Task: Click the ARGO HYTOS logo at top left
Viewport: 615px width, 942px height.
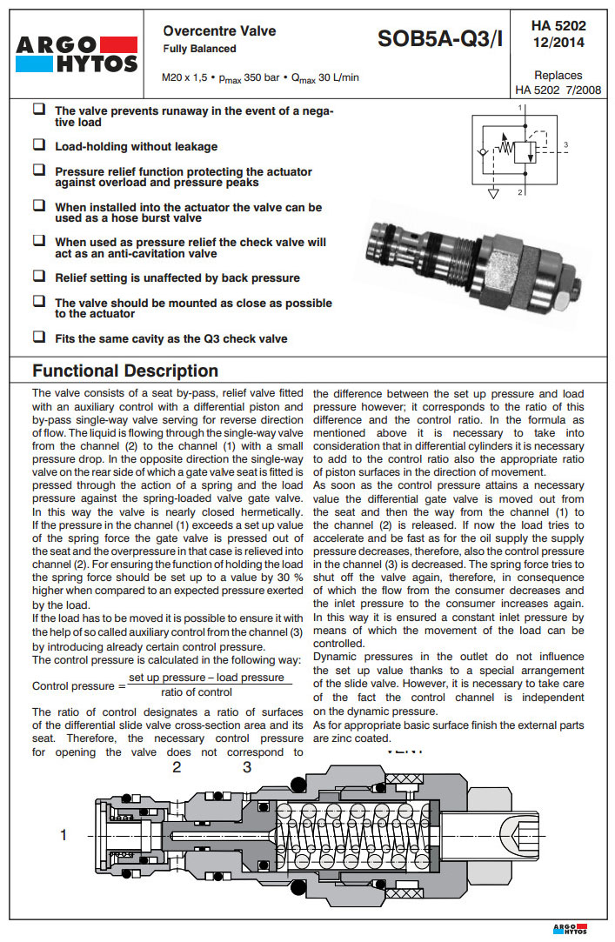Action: (x=77, y=54)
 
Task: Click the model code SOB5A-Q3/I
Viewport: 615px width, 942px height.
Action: (x=440, y=39)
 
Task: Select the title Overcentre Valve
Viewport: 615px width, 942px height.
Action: (x=219, y=31)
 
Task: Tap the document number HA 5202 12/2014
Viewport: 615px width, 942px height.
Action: (x=558, y=34)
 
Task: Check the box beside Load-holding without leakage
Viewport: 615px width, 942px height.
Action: (x=39, y=145)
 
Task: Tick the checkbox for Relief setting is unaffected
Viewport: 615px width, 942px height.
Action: (x=39, y=277)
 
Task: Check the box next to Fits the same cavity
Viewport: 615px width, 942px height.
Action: (x=39, y=337)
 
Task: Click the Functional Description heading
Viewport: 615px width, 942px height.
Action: (x=124, y=371)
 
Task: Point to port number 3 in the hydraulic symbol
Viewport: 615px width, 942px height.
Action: (x=565, y=144)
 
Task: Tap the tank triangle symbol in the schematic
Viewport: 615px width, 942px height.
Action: (x=494, y=191)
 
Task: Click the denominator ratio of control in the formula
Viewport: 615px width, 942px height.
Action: (x=197, y=692)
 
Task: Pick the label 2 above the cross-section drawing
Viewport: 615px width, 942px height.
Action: (x=177, y=766)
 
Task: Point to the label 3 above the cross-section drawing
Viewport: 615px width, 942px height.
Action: (x=247, y=766)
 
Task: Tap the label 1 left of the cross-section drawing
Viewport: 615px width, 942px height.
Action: (x=64, y=835)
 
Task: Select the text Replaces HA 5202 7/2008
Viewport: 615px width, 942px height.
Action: (x=558, y=82)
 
